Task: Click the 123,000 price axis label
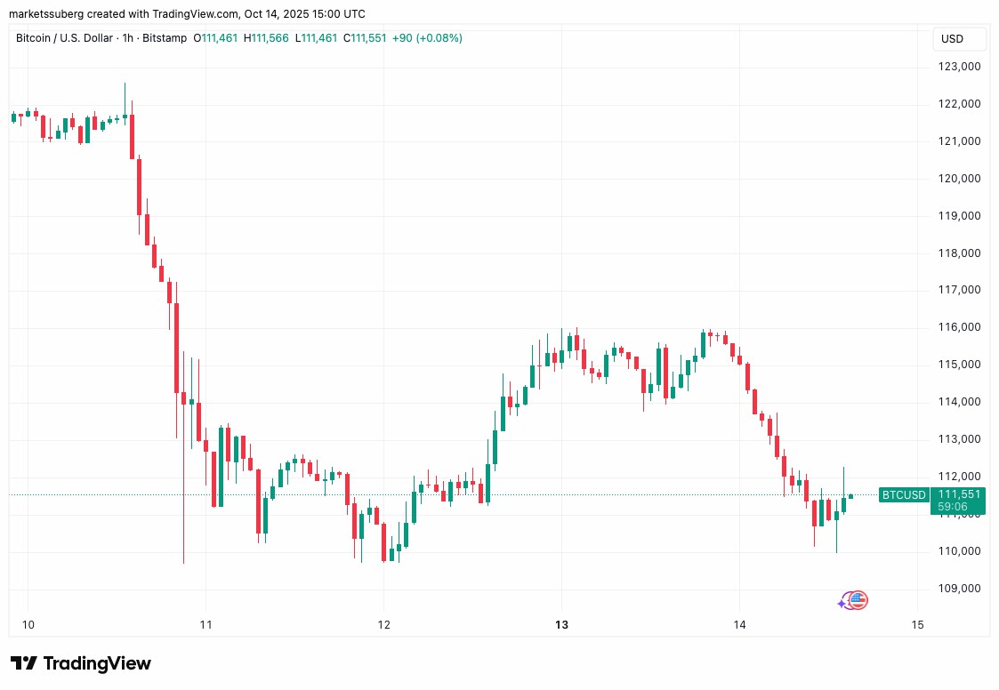959,67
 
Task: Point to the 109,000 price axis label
959,589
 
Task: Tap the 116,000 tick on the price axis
959,327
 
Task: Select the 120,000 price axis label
959,178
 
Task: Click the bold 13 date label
561,624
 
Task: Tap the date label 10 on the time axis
28,624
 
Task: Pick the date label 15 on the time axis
918,624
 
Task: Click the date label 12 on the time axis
383,624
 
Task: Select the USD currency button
953,39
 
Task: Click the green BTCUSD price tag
903,495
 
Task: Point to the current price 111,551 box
958,494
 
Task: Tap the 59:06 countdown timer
958,507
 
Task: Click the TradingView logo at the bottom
81,663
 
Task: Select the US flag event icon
858,601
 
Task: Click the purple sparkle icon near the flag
842,604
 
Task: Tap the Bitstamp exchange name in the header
166,38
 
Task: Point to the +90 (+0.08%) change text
427,38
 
